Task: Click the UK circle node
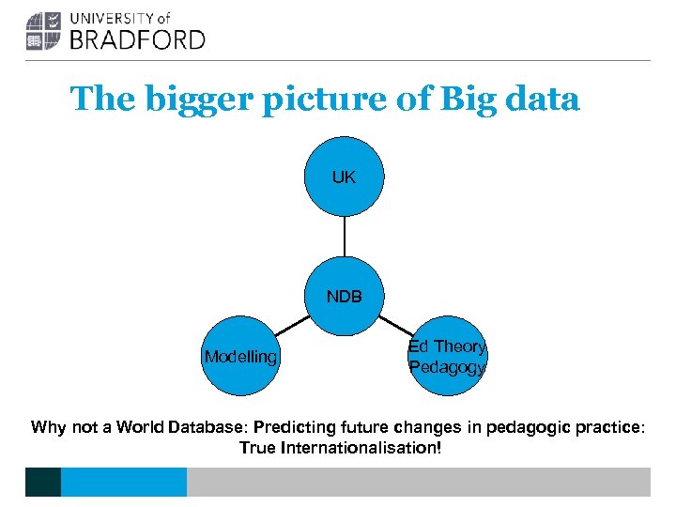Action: pos(345,177)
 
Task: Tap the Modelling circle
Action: pos(241,357)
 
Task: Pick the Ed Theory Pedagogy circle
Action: pos(448,357)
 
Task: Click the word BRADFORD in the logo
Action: pos(139,39)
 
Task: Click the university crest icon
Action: pos(46,30)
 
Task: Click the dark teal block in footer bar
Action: pos(43,483)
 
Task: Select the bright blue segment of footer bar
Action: pos(123,483)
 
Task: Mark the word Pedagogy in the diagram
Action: pos(448,368)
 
